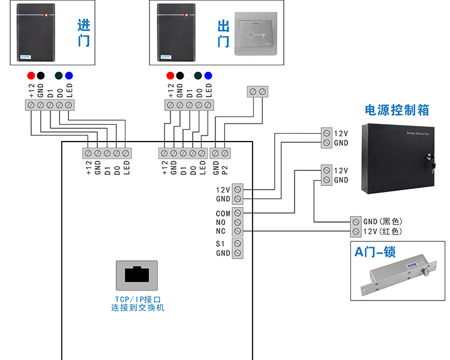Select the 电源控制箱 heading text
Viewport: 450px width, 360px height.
click(397, 110)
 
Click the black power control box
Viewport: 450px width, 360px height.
click(397, 158)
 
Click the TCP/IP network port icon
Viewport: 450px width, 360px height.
click(137, 275)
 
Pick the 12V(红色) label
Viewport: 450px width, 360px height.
click(382, 232)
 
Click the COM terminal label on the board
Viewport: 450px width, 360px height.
click(223, 213)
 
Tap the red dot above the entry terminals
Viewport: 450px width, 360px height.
click(31, 76)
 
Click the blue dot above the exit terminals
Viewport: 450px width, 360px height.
click(208, 76)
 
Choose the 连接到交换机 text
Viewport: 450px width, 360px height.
click(137, 308)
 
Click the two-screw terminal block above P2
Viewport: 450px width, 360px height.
click(257, 91)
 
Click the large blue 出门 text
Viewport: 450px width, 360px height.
click(223, 34)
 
